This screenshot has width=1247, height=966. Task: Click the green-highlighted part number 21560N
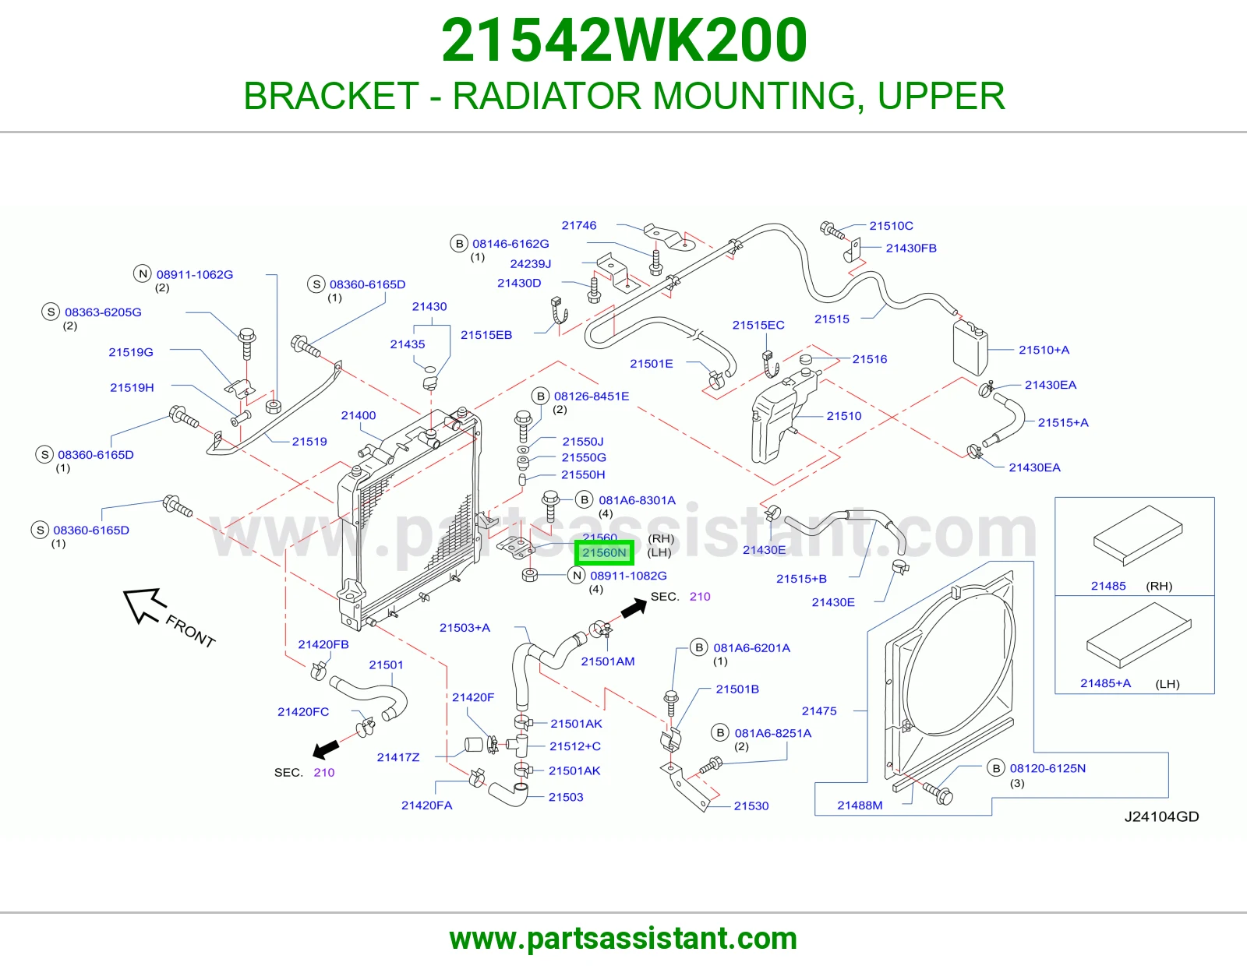pos(604,552)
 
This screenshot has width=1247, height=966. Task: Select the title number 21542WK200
pos(623,40)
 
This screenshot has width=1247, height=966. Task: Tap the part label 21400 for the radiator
pos(358,415)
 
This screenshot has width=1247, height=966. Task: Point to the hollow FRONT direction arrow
pos(145,605)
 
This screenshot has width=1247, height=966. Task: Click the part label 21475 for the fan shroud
pos(819,710)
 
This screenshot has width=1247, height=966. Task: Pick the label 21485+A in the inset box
pos(1105,683)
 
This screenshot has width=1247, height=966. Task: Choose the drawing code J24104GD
pos(1161,816)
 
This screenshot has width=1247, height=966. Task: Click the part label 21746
pos(578,225)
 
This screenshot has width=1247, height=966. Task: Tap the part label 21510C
pos(891,226)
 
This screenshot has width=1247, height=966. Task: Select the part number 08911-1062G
pos(195,275)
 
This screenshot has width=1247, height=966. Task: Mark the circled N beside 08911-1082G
pos(577,576)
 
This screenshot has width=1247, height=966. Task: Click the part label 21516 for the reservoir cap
pos(870,359)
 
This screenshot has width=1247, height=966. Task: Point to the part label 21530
pos(751,806)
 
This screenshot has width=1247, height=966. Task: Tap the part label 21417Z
pos(398,757)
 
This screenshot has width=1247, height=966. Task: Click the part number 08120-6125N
pos(1048,768)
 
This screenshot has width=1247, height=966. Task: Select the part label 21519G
pos(131,352)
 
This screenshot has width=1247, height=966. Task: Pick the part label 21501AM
pos(608,661)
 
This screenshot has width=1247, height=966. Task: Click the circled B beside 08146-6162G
pos(459,243)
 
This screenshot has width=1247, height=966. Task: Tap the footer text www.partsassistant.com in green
pos(623,939)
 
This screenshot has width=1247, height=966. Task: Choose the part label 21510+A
pos(1044,350)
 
